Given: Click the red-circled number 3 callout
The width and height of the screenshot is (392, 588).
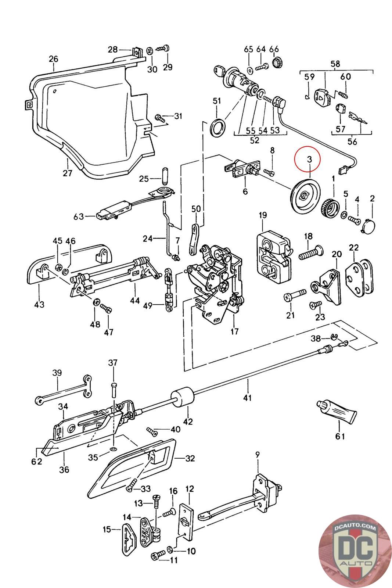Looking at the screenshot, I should click(x=309, y=159).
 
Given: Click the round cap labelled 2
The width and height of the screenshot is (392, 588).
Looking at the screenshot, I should click(x=370, y=225).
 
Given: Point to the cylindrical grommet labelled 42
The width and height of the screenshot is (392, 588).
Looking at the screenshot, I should click(x=182, y=398).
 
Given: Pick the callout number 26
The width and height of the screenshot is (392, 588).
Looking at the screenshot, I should click(x=54, y=59).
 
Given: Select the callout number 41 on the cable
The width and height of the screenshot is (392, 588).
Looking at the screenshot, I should click(x=248, y=397).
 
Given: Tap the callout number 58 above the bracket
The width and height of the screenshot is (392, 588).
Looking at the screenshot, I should click(x=335, y=64).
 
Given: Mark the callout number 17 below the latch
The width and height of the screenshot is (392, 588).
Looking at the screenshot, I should click(x=234, y=331).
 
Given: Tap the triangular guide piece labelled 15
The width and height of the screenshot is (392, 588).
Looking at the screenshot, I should click(x=129, y=537).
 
